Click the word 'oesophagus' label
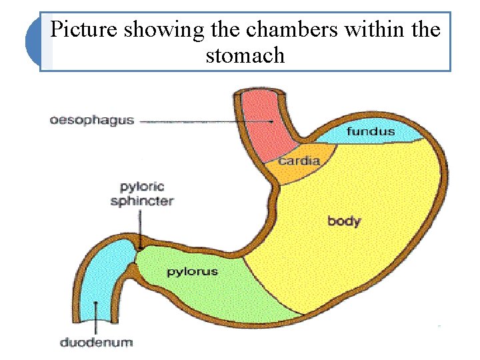[x=92, y=121]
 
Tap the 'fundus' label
[x=370, y=131]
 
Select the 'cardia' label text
[x=299, y=161]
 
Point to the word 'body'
[x=344, y=221]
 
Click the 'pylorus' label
[x=192, y=272]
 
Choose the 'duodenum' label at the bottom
[x=97, y=343]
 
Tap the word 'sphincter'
[x=142, y=201]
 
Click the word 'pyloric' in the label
[x=142, y=187]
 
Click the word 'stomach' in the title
[x=245, y=55]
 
